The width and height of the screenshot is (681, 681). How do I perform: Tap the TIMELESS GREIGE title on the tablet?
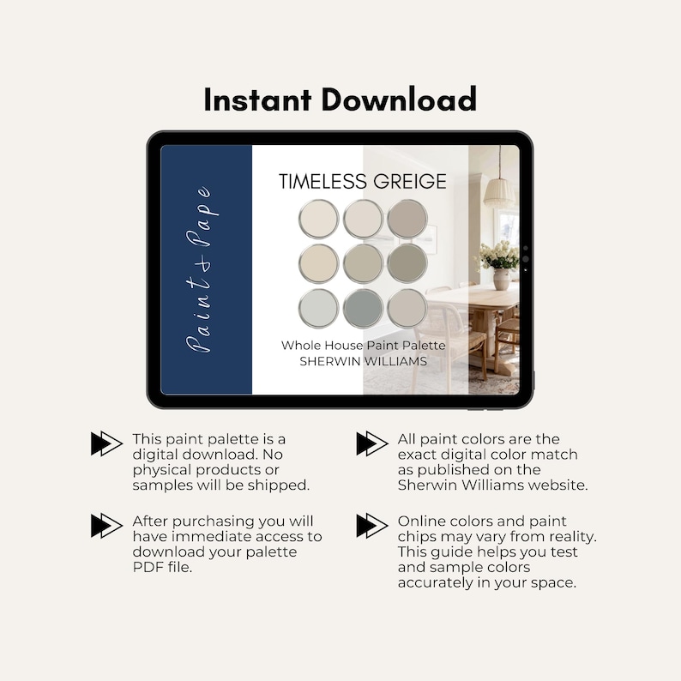tap(362, 181)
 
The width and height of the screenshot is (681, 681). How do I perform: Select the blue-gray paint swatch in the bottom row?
tap(363, 308)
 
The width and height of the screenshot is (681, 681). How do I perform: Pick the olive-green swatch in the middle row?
tap(407, 263)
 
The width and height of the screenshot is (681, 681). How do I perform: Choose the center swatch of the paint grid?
tap(363, 263)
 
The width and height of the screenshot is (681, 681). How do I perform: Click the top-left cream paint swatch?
tap(319, 219)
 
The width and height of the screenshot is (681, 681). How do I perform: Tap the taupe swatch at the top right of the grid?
tap(407, 219)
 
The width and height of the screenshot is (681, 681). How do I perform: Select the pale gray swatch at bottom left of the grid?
tap(319, 308)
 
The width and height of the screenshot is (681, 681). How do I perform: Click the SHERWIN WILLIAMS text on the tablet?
tap(362, 361)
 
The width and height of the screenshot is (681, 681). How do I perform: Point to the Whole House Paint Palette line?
tap(363, 345)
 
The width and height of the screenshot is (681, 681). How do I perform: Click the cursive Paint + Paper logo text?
tap(204, 269)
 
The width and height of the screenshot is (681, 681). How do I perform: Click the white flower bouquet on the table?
tap(499, 255)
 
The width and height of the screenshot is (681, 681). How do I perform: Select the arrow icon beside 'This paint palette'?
tap(106, 443)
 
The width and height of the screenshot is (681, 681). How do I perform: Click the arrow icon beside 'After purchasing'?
tap(106, 525)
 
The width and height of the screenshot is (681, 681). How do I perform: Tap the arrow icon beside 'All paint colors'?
tap(371, 443)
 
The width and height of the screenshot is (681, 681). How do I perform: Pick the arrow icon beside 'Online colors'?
tap(371, 525)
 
